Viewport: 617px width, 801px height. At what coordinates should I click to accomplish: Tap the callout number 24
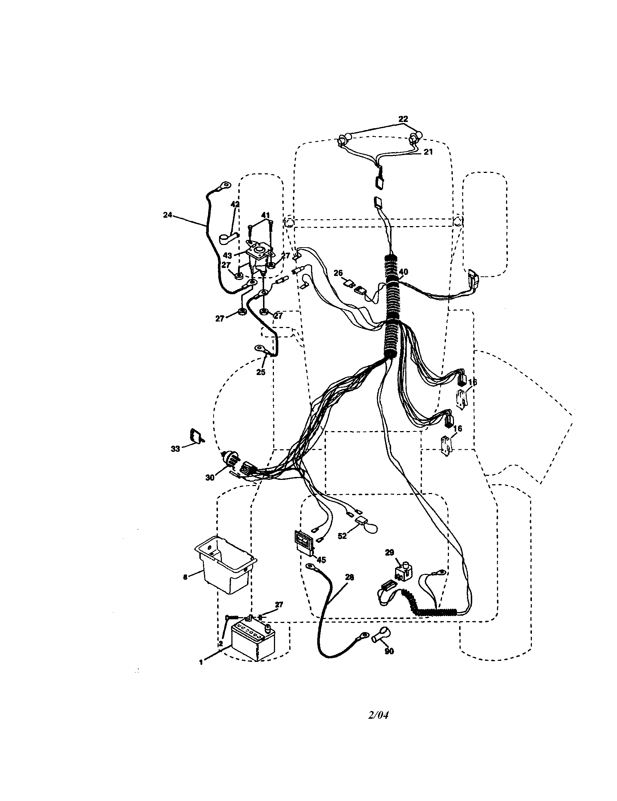[x=167, y=215]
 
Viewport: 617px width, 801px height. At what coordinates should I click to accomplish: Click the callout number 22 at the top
[x=403, y=119]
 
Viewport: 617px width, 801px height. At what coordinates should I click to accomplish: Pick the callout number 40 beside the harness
[x=403, y=272]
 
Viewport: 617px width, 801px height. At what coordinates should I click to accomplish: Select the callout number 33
[x=175, y=449]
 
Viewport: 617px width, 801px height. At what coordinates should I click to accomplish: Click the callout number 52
[x=342, y=536]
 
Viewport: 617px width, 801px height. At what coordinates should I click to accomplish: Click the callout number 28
[x=350, y=577]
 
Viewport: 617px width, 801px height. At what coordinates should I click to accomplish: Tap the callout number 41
[x=265, y=215]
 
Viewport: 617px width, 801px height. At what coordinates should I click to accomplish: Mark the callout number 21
[x=428, y=151]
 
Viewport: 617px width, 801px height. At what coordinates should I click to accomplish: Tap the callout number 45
[x=321, y=560]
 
